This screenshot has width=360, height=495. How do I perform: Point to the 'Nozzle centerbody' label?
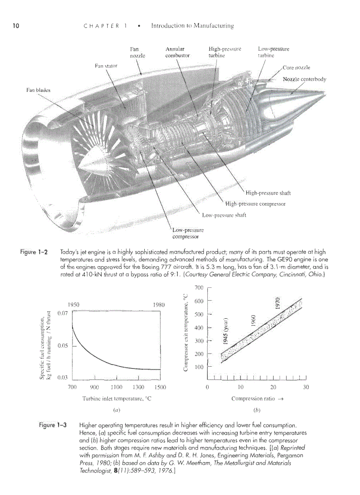click(x=304, y=79)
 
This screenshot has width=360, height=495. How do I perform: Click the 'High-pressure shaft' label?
click(x=268, y=193)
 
